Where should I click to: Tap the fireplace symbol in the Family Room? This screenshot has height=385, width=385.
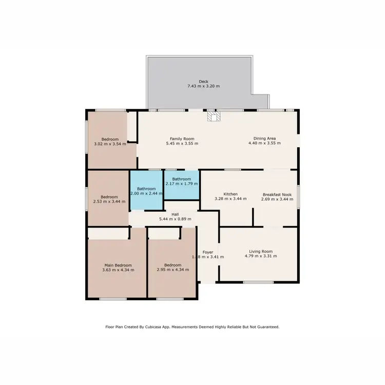(x=213, y=117)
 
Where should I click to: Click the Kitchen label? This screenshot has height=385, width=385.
(x=230, y=194)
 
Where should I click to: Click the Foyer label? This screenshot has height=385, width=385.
(x=207, y=252)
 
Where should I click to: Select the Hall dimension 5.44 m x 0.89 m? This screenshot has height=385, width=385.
(x=175, y=219)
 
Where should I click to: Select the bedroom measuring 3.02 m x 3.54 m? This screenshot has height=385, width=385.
(x=110, y=142)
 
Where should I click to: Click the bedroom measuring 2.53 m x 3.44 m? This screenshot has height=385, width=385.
(x=109, y=199)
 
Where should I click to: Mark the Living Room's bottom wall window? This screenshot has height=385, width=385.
(x=258, y=282)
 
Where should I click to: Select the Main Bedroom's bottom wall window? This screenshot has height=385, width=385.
(x=113, y=299)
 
